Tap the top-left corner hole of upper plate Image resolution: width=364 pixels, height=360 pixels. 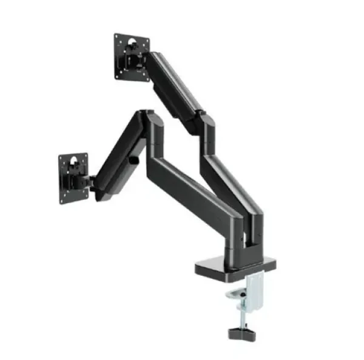click(x=117, y=38)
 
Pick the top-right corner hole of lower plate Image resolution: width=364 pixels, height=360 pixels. click(x=86, y=156)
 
